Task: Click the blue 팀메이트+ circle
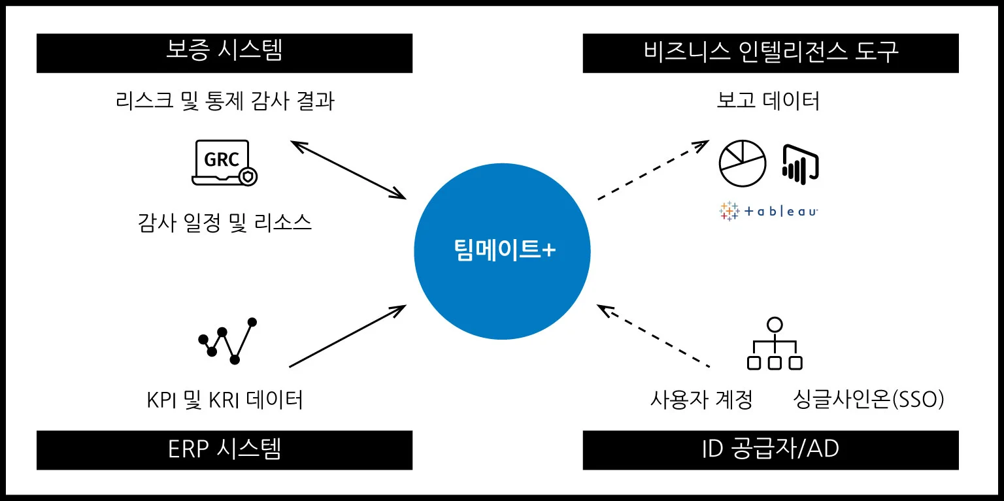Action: (502, 251)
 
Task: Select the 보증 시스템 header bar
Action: (224, 53)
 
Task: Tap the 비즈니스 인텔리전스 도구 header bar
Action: (771, 53)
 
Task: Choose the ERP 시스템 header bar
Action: (224, 450)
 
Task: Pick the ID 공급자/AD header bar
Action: (771, 450)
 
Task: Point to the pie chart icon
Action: (742, 163)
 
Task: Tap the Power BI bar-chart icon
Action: (799, 163)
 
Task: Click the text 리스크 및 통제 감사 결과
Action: (224, 101)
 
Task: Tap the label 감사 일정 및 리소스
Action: (224, 223)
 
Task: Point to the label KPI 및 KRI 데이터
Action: (224, 399)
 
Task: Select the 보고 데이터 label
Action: (768, 101)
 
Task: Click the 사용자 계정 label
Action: (701, 399)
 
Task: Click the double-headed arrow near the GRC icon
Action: (348, 169)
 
